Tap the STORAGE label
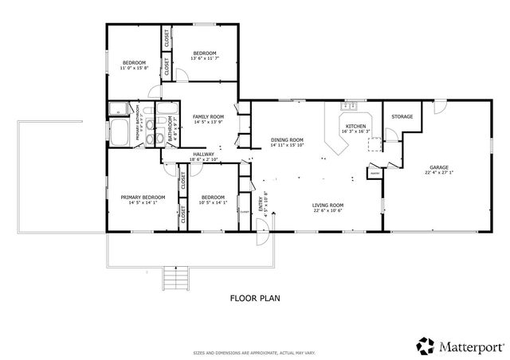click(x=402, y=117)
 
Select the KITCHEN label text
click(x=355, y=127)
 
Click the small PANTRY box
click(x=374, y=171)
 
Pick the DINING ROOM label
click(x=287, y=139)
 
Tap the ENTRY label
click(x=261, y=205)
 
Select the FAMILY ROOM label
click(x=207, y=117)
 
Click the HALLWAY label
click(x=205, y=155)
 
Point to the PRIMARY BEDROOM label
click(x=143, y=197)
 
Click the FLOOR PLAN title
click(x=254, y=299)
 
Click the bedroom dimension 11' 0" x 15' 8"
click(x=134, y=68)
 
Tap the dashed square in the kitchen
click(x=373, y=143)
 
